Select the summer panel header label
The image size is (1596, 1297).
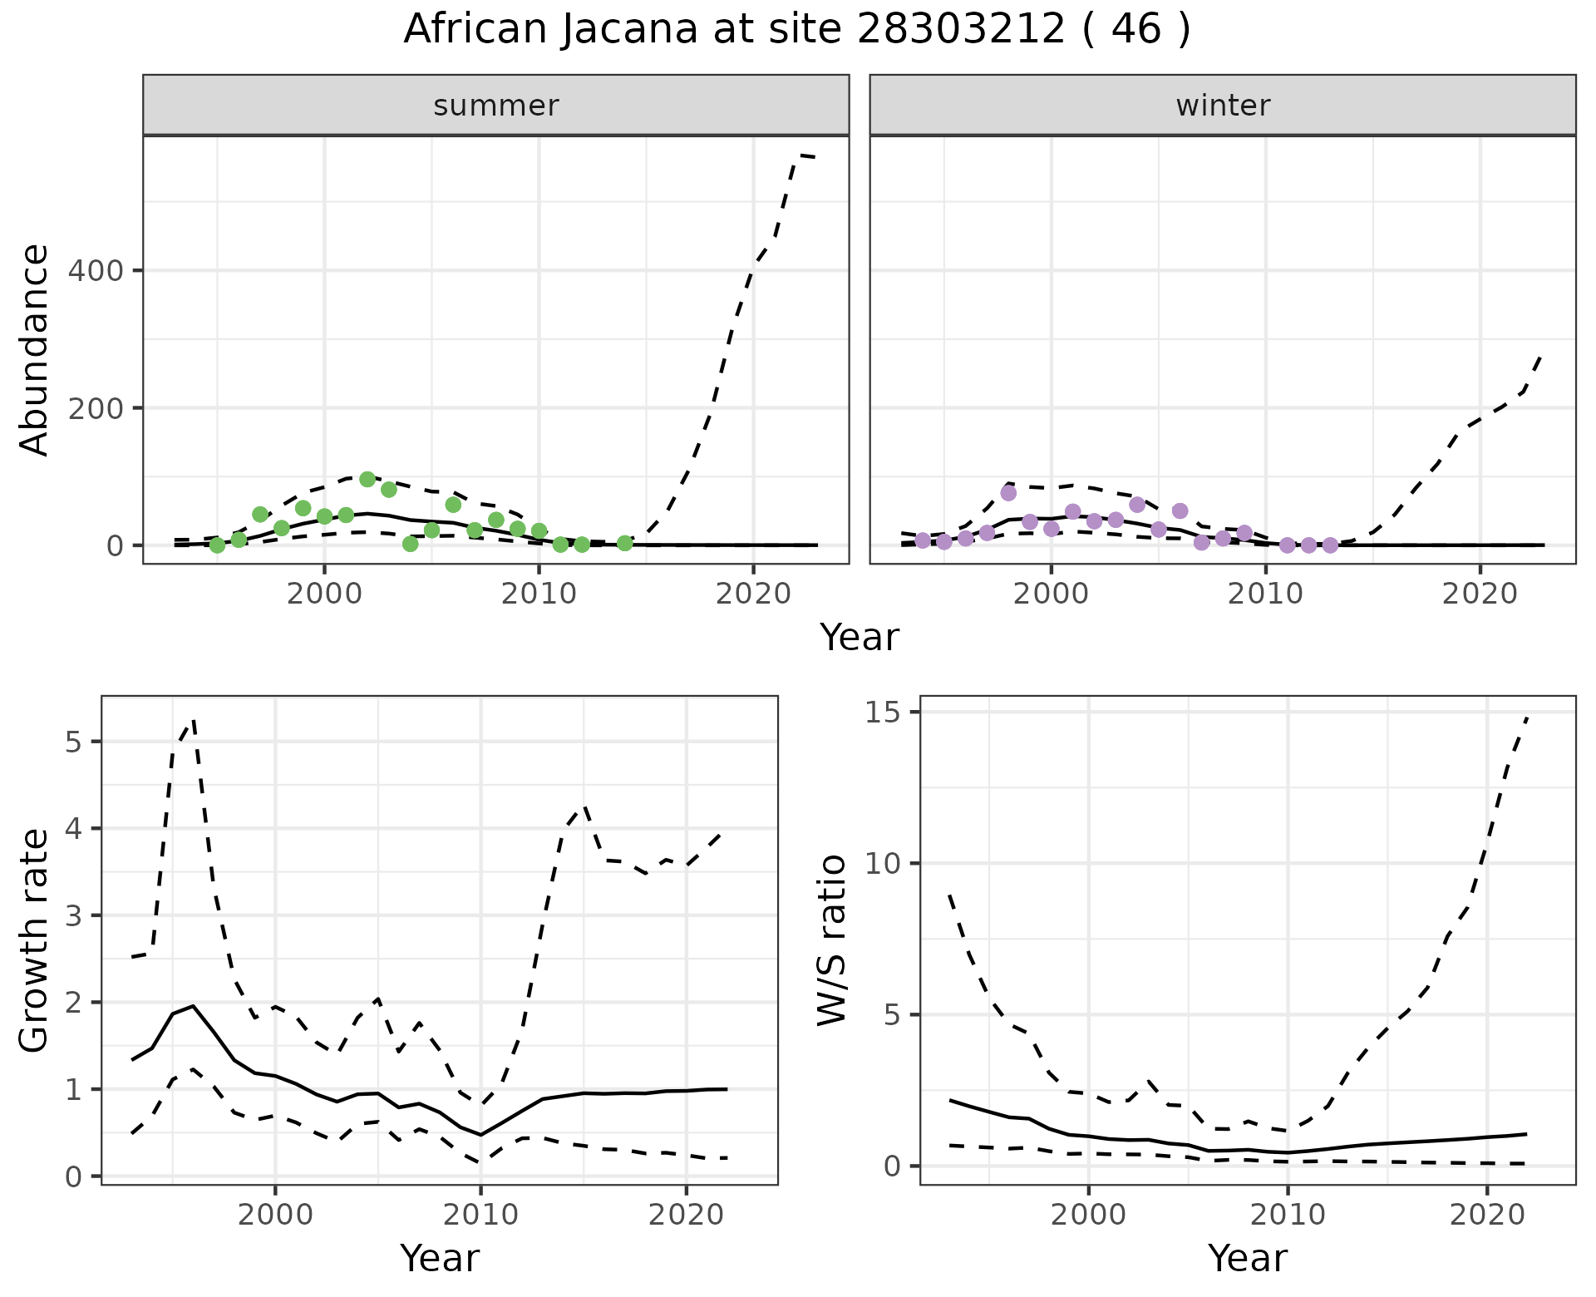(x=496, y=106)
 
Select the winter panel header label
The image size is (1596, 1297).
(x=1223, y=106)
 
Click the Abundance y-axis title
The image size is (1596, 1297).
(x=35, y=350)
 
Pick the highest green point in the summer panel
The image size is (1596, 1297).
(x=367, y=479)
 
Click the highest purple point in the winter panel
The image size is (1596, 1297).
(x=1008, y=493)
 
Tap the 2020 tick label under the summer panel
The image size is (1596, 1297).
(x=752, y=594)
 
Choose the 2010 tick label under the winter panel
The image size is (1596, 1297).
(x=1265, y=594)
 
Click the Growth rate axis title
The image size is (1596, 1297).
(x=35, y=940)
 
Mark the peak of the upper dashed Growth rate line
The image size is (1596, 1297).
(x=193, y=721)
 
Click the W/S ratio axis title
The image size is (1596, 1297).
(x=832, y=940)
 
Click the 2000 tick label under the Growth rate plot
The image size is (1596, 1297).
(x=275, y=1215)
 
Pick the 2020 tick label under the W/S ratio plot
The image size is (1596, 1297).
(x=1486, y=1215)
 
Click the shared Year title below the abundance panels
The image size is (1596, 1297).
(x=860, y=638)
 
